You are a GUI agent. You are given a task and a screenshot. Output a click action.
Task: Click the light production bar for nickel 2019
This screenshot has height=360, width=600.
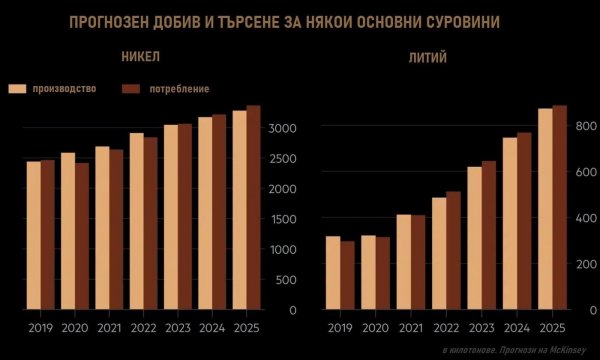(33, 235)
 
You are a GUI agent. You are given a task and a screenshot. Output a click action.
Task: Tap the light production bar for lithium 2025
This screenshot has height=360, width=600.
(545, 210)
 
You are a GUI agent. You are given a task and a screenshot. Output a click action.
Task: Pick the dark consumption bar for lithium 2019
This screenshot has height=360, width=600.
(348, 276)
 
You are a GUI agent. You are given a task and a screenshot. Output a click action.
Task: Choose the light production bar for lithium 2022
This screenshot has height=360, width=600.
(439, 254)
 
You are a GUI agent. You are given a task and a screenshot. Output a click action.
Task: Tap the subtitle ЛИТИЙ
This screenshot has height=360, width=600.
(430, 58)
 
